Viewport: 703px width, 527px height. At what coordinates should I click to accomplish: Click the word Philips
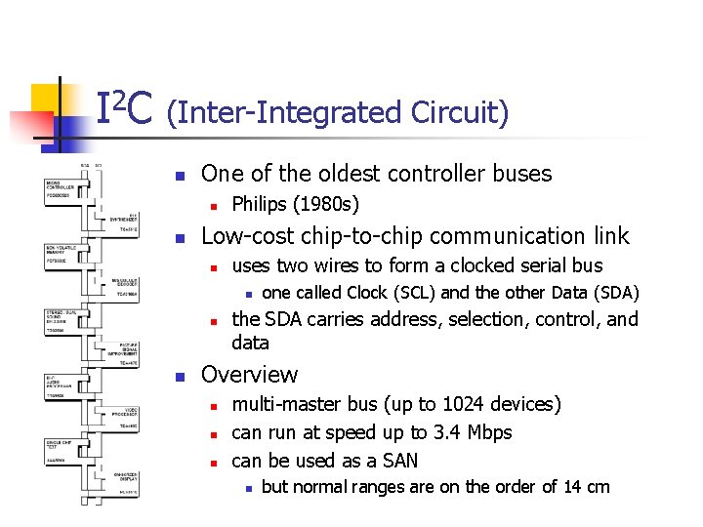(x=258, y=205)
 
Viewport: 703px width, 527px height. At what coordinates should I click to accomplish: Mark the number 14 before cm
(x=573, y=487)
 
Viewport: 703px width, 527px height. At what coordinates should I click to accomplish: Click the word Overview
(x=249, y=375)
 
